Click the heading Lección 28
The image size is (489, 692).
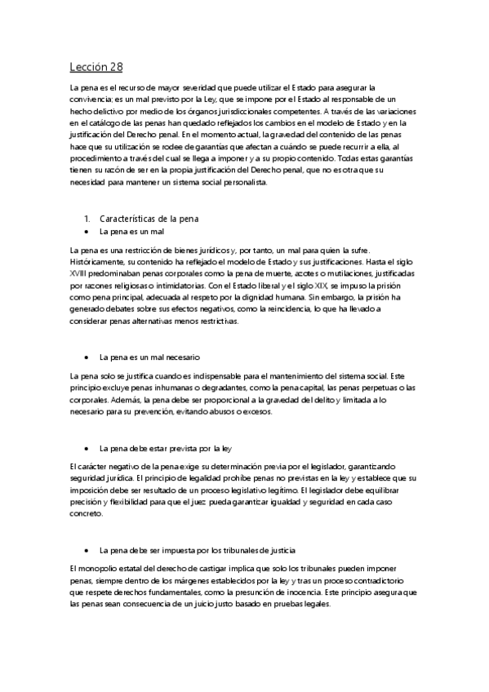coord(96,67)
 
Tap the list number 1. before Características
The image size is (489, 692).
coord(87,220)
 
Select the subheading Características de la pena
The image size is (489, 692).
coord(149,220)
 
